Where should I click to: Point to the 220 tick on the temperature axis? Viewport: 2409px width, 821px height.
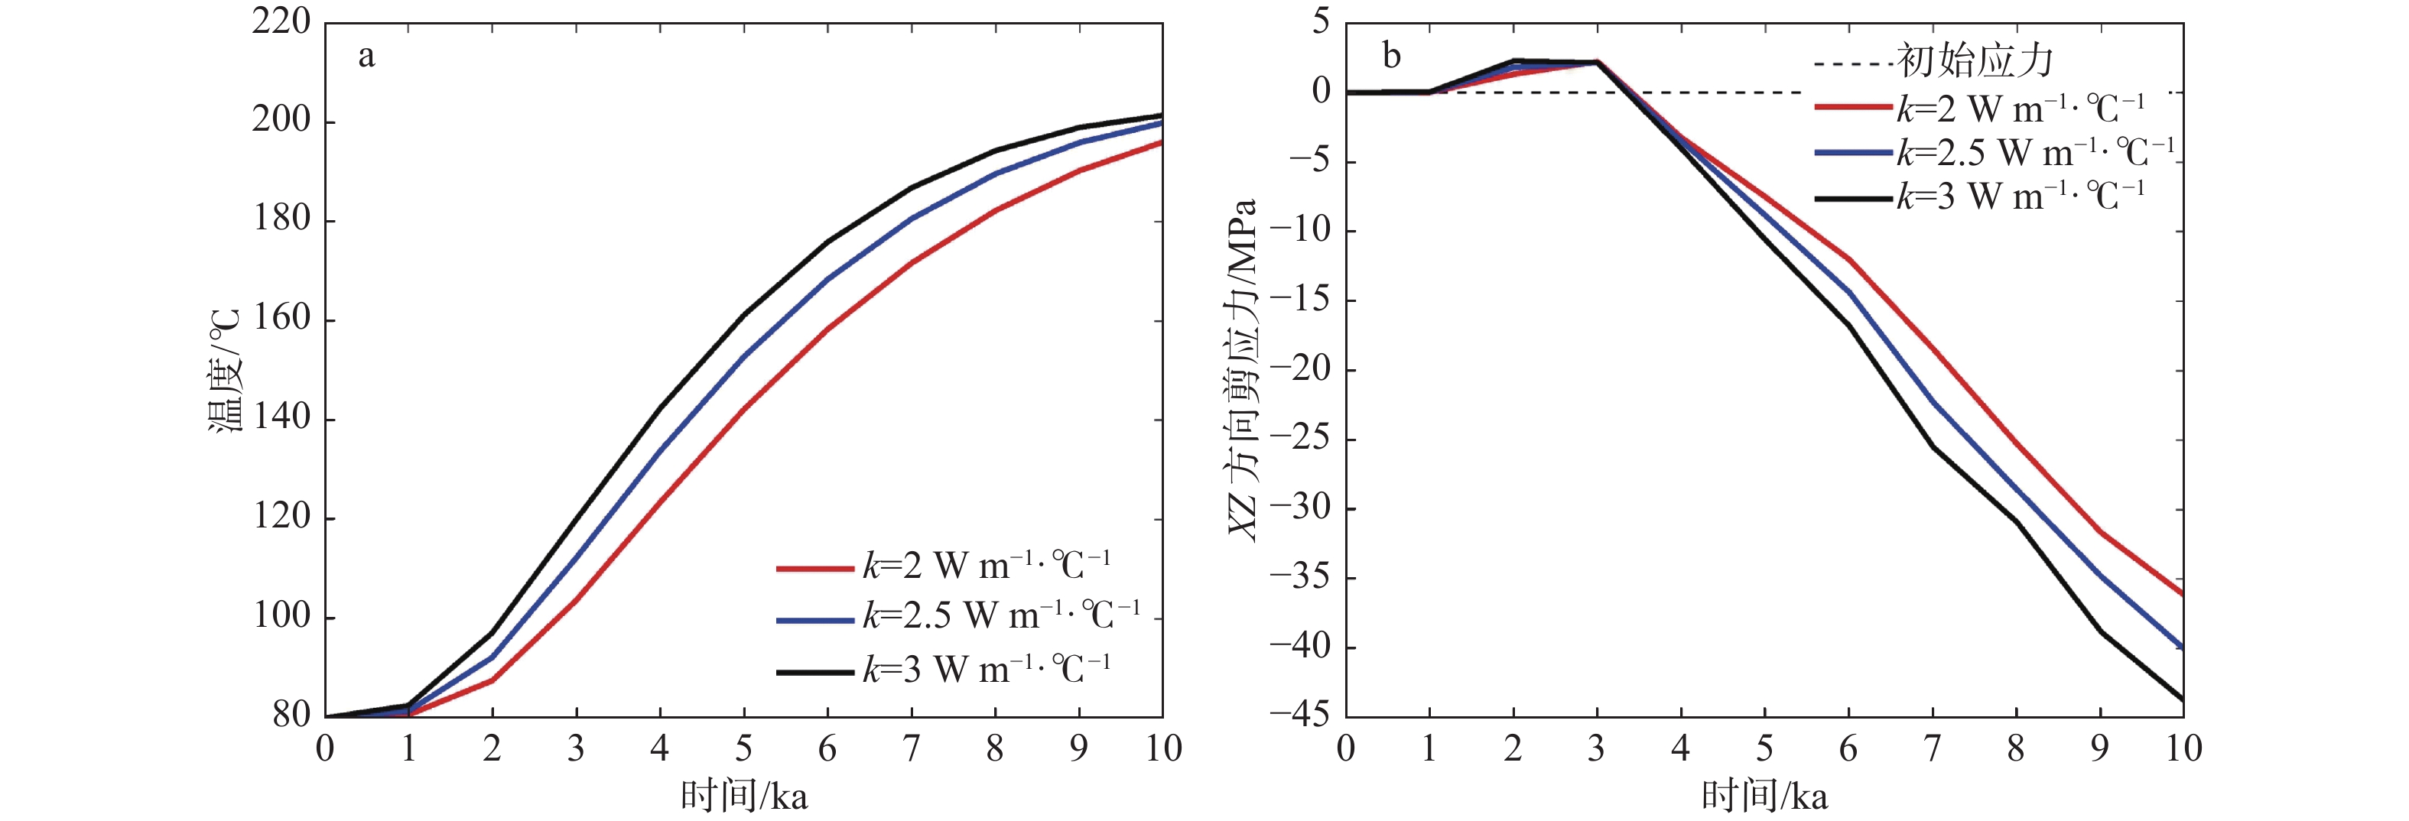pyautogui.click(x=281, y=22)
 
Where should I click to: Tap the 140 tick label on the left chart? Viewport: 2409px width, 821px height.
pyautogui.click(x=281, y=418)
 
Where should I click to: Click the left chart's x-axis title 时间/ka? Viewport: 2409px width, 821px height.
pyautogui.click(x=743, y=797)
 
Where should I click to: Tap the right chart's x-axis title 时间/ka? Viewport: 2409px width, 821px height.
pyautogui.click(x=1764, y=797)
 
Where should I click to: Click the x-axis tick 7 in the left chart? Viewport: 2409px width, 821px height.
pyautogui.click(x=911, y=749)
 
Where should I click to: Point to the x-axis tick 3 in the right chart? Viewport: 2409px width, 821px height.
pyautogui.click(x=1596, y=749)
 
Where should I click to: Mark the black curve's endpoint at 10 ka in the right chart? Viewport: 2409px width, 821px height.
pyautogui.click(x=2182, y=699)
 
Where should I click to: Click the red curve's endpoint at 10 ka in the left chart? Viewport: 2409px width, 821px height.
pyautogui.click(x=1162, y=142)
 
